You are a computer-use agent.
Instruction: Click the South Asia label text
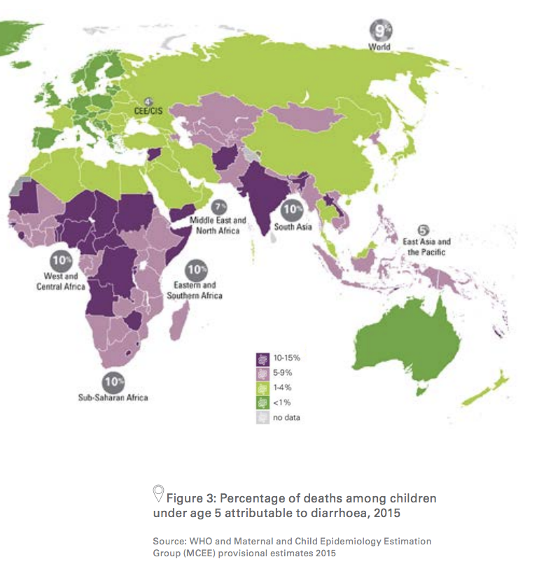[x=292, y=227]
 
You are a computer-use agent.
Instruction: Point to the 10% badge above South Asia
[x=292, y=209]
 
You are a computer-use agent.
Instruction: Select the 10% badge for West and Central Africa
[x=62, y=262]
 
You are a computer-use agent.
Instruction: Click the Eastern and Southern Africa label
[x=198, y=290]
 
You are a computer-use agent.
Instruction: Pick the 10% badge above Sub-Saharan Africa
[x=113, y=382]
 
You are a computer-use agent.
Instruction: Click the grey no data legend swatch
[x=262, y=418]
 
